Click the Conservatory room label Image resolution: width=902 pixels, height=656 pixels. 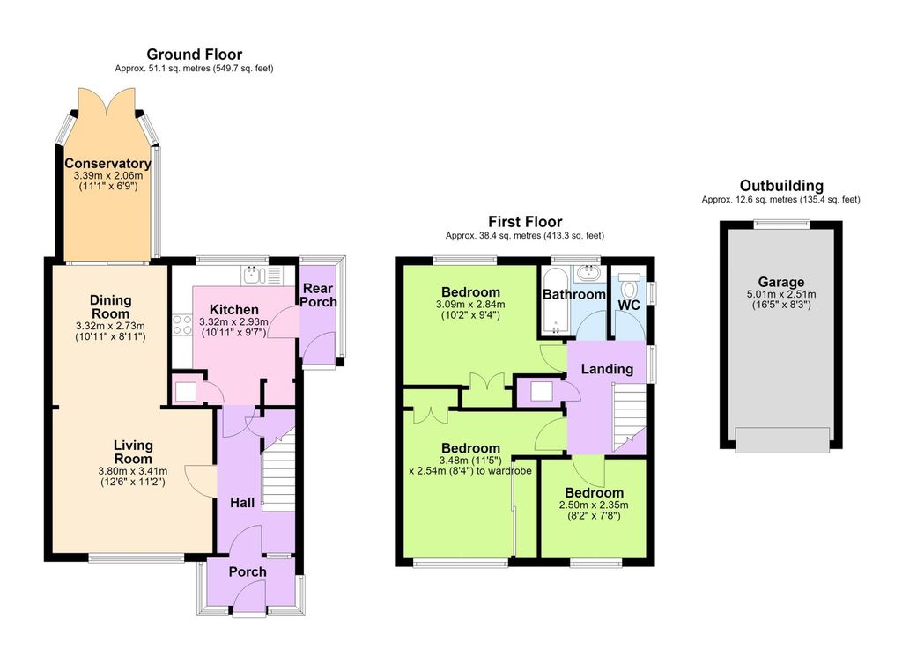coord(107,163)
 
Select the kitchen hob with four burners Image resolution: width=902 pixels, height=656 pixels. coord(182,324)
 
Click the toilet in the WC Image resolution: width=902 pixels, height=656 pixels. coord(630,285)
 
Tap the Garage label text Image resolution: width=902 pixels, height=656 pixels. coord(780,283)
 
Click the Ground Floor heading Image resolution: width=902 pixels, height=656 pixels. coord(195,55)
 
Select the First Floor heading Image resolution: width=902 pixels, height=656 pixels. coord(525,221)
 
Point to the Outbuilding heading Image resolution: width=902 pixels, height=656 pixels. coord(781,186)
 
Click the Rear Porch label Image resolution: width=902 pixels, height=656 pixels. coord(319,295)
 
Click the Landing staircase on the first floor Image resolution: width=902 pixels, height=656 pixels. coord(629,417)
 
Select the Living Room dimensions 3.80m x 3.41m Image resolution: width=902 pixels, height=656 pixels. coord(133,471)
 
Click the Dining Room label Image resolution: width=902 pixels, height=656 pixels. coord(110,307)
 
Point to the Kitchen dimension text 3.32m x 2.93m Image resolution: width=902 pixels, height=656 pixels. coord(233,321)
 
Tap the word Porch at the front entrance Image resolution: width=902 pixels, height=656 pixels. coord(248,571)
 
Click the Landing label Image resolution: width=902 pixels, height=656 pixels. coord(607,369)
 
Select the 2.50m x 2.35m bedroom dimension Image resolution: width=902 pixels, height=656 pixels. coord(594,505)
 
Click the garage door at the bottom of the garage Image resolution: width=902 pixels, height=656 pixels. coord(782,439)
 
